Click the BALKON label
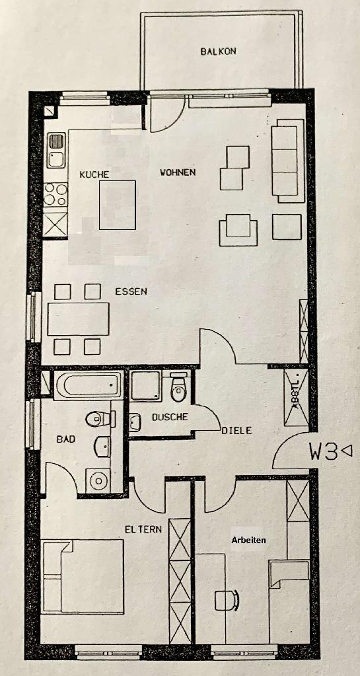(x=218, y=52)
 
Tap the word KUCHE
(x=94, y=174)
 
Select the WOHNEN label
(x=178, y=173)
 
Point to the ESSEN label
(x=131, y=291)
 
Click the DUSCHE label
(x=170, y=417)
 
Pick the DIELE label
(x=236, y=430)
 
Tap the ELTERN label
(x=143, y=529)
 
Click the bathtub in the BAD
(x=87, y=385)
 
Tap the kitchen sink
(x=56, y=151)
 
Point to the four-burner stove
(x=56, y=194)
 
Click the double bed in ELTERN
(x=83, y=576)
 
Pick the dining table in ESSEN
(x=78, y=319)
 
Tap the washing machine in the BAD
(x=98, y=481)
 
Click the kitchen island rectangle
(x=118, y=206)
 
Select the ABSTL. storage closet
(x=296, y=397)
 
